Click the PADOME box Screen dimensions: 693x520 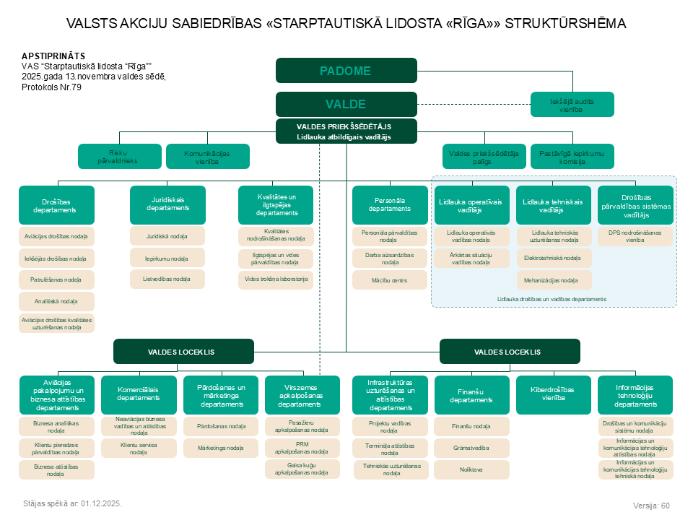click(346, 70)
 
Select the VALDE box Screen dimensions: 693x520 click(346, 104)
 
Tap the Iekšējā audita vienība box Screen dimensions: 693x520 click(572, 104)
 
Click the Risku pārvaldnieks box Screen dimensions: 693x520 click(119, 157)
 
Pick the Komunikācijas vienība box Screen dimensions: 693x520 click(208, 157)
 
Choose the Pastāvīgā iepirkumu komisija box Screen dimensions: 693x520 click(572, 157)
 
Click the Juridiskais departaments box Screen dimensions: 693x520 click(167, 204)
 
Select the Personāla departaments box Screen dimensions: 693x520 click(390, 204)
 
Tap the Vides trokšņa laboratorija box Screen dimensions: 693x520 click(276, 279)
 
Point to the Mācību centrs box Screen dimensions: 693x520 click(390, 280)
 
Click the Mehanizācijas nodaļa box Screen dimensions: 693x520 click(554, 280)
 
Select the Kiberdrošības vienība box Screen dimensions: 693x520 click(554, 394)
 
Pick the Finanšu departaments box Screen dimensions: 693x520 click(471, 394)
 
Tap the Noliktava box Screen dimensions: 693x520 click(471, 469)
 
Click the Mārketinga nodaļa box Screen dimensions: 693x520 click(221, 448)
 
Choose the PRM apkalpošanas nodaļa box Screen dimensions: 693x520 click(302, 448)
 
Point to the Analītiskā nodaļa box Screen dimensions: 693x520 click(56, 302)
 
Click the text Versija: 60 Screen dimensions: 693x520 click(651, 506)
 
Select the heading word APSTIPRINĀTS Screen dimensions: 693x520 click(53, 56)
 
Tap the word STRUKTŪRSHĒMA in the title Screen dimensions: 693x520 click(565, 23)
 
